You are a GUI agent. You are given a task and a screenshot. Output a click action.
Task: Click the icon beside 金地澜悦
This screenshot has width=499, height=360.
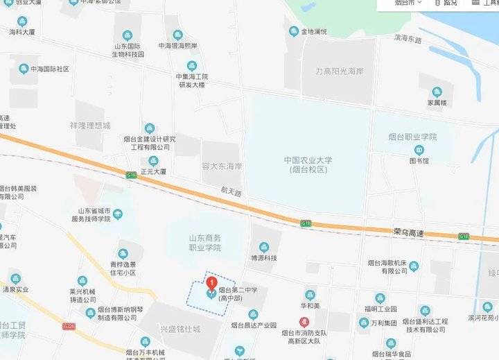tap(294, 31)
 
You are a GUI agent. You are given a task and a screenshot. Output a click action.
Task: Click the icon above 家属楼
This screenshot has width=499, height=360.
tap(437, 92)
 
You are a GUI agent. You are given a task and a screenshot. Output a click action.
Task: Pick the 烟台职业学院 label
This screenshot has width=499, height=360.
tap(412, 137)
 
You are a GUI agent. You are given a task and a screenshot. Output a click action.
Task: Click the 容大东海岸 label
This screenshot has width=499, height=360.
tap(221, 166)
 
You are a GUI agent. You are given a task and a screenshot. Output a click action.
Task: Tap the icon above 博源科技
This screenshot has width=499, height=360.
tap(263, 247)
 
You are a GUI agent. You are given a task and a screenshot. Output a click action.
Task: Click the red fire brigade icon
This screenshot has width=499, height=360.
tap(303, 322)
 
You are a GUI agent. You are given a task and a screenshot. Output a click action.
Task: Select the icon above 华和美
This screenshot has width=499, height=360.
tap(309, 295)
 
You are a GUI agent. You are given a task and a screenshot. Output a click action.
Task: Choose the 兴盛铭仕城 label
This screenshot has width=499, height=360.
tap(180, 328)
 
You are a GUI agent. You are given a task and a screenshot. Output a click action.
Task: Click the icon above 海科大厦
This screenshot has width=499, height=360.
tap(21, 22)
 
